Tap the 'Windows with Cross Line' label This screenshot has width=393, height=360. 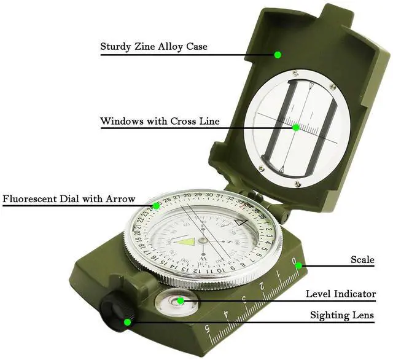(x=160, y=121)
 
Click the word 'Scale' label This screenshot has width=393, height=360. (x=362, y=260)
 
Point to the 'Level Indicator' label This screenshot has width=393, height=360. (x=340, y=294)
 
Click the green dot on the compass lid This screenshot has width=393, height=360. (x=278, y=55)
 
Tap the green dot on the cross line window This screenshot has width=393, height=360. (x=296, y=128)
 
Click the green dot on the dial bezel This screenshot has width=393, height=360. (x=156, y=205)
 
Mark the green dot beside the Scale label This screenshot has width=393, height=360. (x=295, y=265)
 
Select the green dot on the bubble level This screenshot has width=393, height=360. (x=181, y=300)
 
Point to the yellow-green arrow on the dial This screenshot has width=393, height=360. (x=186, y=241)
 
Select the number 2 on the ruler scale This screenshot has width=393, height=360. (x=262, y=287)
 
